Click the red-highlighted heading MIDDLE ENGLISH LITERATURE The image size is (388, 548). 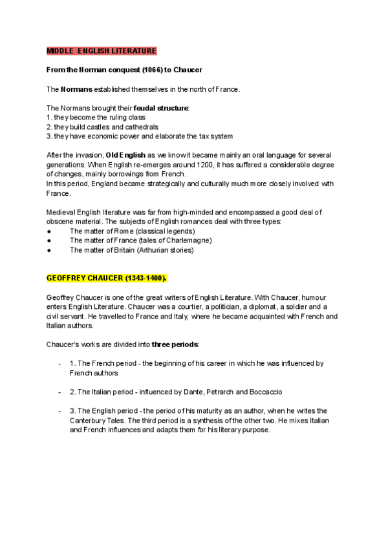[x=102, y=51]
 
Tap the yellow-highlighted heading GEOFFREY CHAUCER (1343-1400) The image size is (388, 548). [x=107, y=278]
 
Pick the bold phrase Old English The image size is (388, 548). [x=125, y=155]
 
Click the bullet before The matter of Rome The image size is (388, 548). [x=50, y=231]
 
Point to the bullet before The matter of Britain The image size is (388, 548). [x=50, y=249]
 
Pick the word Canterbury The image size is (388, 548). [x=90, y=420]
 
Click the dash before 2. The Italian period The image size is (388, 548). [x=59, y=392]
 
